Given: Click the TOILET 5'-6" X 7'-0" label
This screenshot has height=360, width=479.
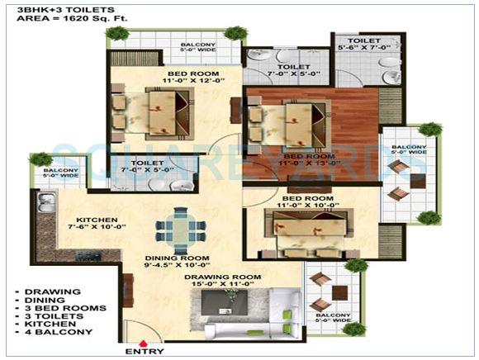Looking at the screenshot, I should pos(363,44).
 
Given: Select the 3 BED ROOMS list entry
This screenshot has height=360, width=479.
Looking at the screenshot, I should pos(55,308).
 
